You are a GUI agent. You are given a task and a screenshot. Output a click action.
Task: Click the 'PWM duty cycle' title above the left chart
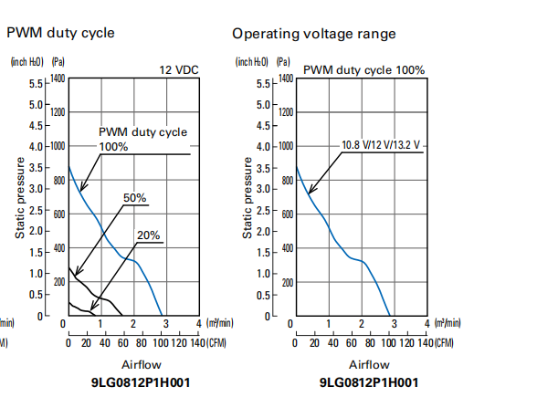61,33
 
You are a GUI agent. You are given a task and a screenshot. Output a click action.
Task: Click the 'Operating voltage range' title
313,34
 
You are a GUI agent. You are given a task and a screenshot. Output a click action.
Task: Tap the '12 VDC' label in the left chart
179,69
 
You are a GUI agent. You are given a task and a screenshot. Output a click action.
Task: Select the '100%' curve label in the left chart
114,146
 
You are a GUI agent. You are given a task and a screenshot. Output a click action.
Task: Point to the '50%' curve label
134,197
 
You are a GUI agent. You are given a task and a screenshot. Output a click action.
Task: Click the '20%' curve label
148,235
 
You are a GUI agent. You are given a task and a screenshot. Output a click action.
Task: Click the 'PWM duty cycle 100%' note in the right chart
364,69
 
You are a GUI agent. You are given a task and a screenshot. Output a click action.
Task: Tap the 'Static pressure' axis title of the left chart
20,197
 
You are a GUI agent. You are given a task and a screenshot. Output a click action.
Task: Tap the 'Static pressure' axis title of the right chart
247,197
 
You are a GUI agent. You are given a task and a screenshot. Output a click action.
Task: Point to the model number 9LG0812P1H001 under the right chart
369,382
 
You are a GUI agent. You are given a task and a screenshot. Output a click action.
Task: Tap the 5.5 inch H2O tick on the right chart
266,83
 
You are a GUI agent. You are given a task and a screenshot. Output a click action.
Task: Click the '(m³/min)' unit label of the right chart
447,323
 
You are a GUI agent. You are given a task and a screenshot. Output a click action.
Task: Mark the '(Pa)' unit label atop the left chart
58,62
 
